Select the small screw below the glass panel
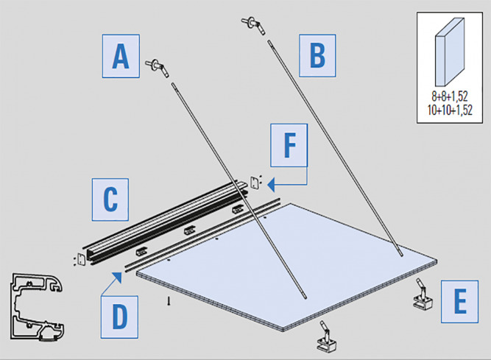169,300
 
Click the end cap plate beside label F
255,181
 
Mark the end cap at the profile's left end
81,260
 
